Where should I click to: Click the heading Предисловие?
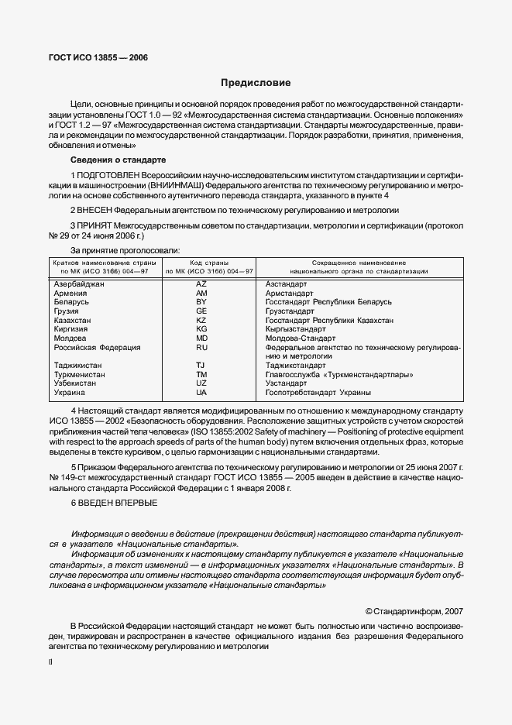click(256, 83)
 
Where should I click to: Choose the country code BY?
click(201, 302)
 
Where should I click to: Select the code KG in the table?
click(201, 329)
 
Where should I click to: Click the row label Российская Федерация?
click(97, 348)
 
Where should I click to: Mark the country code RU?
click(201, 348)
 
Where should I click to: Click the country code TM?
click(201, 374)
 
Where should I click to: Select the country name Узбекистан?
click(75, 383)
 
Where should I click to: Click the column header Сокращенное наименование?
click(359, 263)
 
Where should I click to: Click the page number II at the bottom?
click(50, 662)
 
